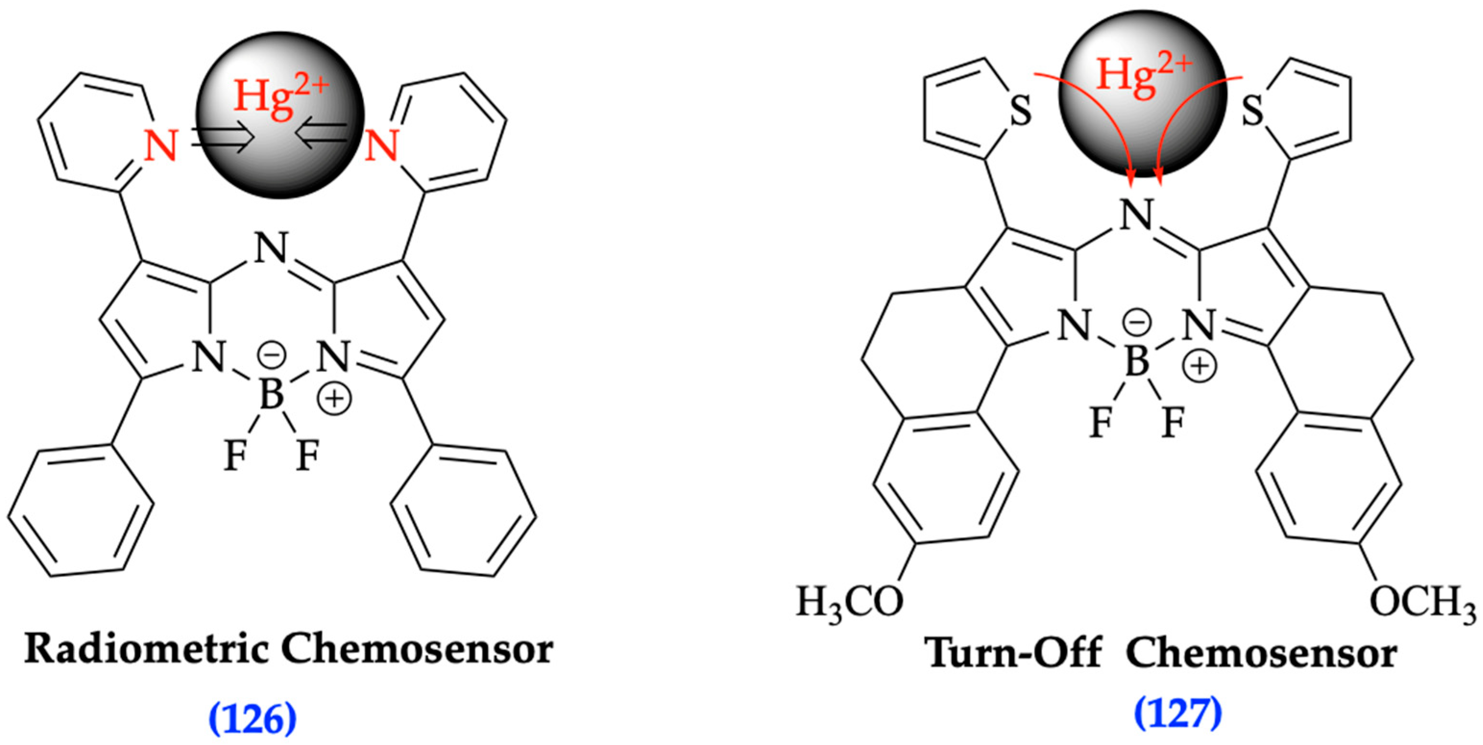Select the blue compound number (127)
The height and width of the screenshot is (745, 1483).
[1178, 714]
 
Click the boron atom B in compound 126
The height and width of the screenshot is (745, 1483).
[271, 395]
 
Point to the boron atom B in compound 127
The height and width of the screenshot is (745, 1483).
[1137, 362]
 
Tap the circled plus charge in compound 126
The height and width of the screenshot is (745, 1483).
[335, 398]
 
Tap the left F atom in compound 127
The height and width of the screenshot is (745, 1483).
[1101, 423]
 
